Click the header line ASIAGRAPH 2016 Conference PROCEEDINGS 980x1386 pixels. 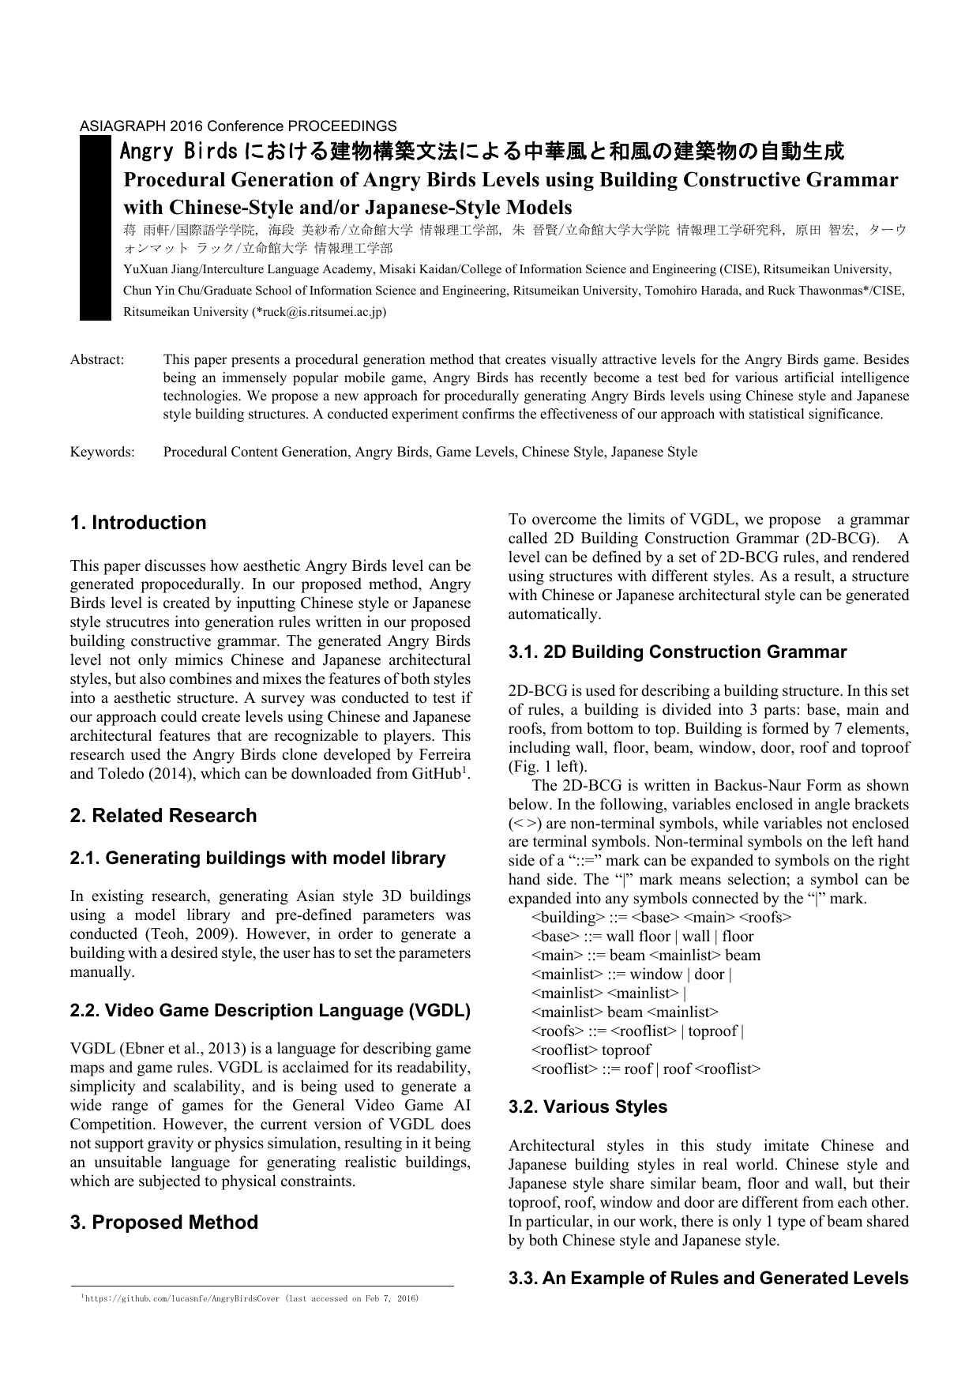coord(238,126)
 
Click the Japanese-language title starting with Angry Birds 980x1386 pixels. coord(481,151)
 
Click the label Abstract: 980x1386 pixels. coord(97,360)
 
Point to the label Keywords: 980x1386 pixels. coord(102,453)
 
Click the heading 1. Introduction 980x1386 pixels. coord(138,523)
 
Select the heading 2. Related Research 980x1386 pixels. coord(163,816)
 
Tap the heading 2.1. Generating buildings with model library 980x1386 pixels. coord(257,858)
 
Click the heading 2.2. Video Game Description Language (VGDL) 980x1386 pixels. coord(270,1011)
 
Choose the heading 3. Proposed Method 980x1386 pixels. coord(164,1223)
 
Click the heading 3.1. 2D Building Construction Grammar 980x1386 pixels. coord(677,652)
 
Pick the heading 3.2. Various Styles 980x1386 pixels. coord(588,1107)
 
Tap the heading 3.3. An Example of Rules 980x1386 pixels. coord(708,1279)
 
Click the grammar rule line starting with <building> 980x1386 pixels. coord(661,918)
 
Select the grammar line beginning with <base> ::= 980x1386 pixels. coord(642,937)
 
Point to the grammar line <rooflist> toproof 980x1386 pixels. coord(591,1050)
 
